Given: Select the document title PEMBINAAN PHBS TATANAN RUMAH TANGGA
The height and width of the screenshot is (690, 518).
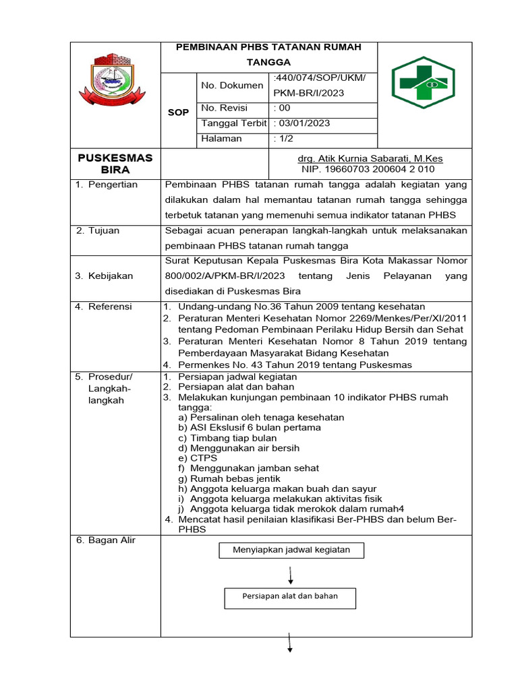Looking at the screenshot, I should [x=268, y=54].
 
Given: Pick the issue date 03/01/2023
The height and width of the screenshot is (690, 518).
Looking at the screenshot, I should [x=302, y=123].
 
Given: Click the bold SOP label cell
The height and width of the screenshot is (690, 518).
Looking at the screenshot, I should [x=178, y=113].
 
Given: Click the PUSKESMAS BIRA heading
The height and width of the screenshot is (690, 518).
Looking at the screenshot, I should [x=115, y=164].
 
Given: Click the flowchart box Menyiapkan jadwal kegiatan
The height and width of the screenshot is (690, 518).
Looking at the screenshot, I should [x=291, y=550].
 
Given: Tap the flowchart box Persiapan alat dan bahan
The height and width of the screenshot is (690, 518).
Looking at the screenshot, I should [x=290, y=596].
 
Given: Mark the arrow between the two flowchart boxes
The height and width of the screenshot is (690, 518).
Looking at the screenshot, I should [x=290, y=574].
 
